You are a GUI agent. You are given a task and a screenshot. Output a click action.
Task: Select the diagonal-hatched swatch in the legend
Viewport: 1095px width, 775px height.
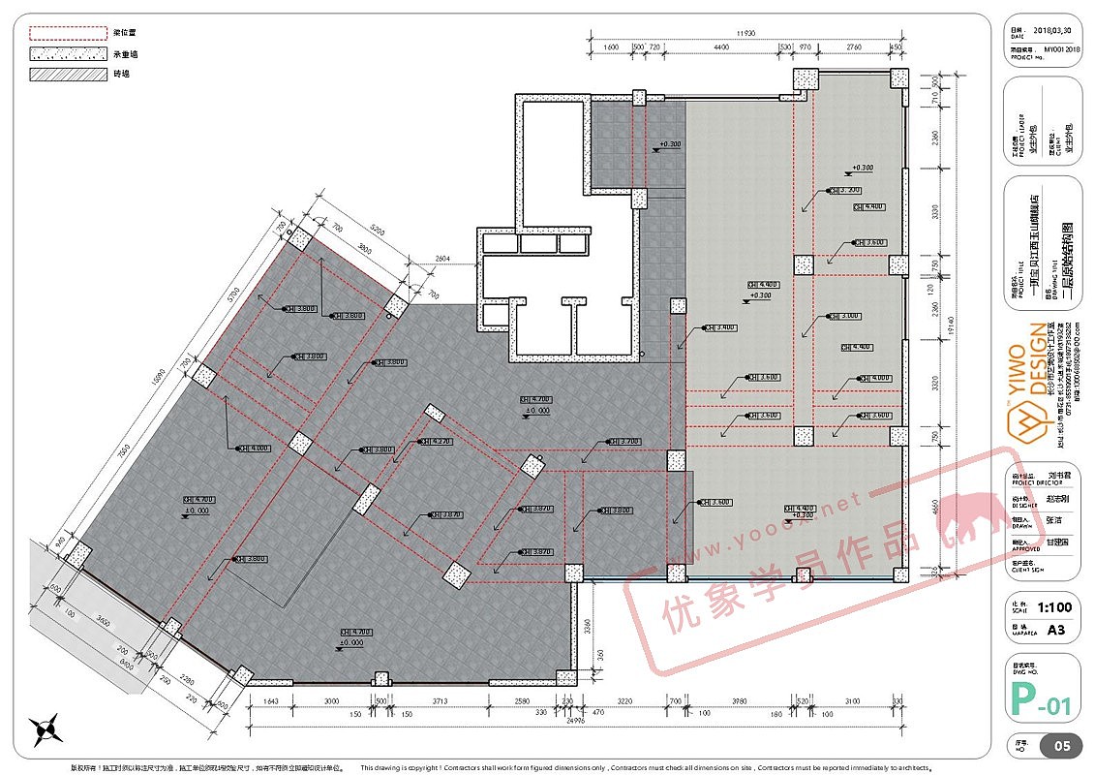coord(68,75)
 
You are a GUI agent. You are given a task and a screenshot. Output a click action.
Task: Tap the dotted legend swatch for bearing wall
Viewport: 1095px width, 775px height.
coord(68,53)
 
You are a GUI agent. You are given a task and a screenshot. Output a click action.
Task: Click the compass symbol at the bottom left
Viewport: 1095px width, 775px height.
coord(46,728)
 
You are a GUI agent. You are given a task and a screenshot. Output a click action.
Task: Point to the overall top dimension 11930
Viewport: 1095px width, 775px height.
coord(745,33)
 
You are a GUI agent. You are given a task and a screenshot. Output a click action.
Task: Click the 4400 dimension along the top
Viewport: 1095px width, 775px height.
coord(720,46)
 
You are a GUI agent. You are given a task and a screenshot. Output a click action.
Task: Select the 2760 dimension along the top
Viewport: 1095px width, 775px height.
coord(853,46)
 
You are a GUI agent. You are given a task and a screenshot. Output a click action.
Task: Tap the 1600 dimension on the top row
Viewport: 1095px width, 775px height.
coord(610,46)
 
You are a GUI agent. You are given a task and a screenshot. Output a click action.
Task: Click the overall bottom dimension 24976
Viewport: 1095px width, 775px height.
coord(576,720)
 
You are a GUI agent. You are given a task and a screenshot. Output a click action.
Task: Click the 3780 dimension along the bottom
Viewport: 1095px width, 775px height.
coord(741,699)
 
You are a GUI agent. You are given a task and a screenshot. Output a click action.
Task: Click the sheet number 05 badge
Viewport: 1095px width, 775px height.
coord(1061,747)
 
